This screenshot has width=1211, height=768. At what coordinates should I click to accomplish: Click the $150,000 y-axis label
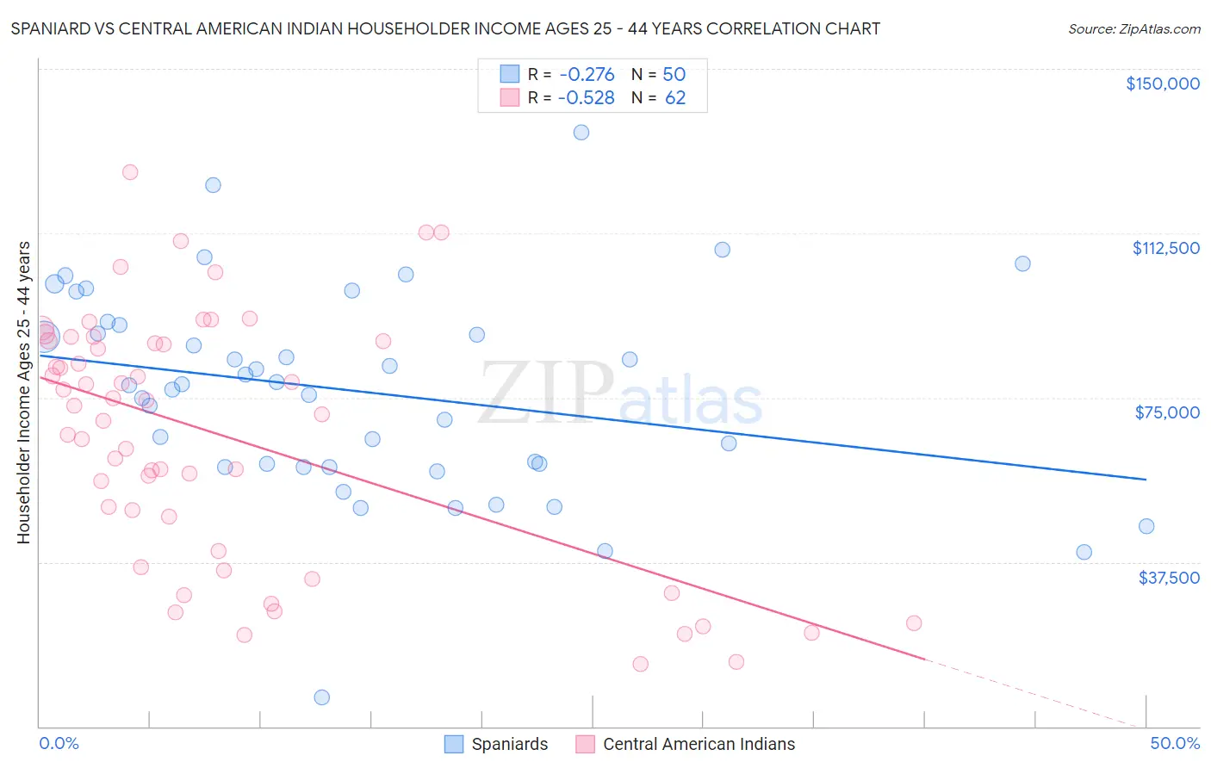(x=1162, y=84)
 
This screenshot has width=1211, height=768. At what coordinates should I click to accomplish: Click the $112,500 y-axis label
(x=1165, y=248)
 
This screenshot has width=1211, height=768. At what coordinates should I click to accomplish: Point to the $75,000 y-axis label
(x=1167, y=412)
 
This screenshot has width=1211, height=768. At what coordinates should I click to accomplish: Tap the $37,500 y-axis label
(x=1169, y=578)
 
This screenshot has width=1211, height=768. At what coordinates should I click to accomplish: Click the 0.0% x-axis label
(x=59, y=743)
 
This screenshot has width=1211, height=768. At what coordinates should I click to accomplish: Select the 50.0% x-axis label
(x=1175, y=743)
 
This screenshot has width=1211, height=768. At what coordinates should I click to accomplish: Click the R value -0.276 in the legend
(x=587, y=74)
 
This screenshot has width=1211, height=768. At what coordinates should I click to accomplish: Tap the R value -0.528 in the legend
(x=587, y=98)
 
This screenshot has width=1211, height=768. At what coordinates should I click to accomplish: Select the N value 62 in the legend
(x=675, y=98)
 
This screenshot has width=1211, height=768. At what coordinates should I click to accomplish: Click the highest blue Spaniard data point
(x=581, y=133)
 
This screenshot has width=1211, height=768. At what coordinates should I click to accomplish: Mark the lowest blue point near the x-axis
(x=321, y=697)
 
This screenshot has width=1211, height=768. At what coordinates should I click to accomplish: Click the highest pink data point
(x=130, y=172)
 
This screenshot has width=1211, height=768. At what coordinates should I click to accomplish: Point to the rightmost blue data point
(x=1146, y=526)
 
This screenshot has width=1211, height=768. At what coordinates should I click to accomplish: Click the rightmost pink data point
(x=914, y=623)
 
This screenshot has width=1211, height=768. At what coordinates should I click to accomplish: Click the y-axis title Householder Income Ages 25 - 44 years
(x=23, y=393)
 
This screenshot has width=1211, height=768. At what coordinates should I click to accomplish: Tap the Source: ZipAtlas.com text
(x=1133, y=29)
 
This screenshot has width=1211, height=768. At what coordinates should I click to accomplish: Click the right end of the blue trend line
(x=1146, y=479)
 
